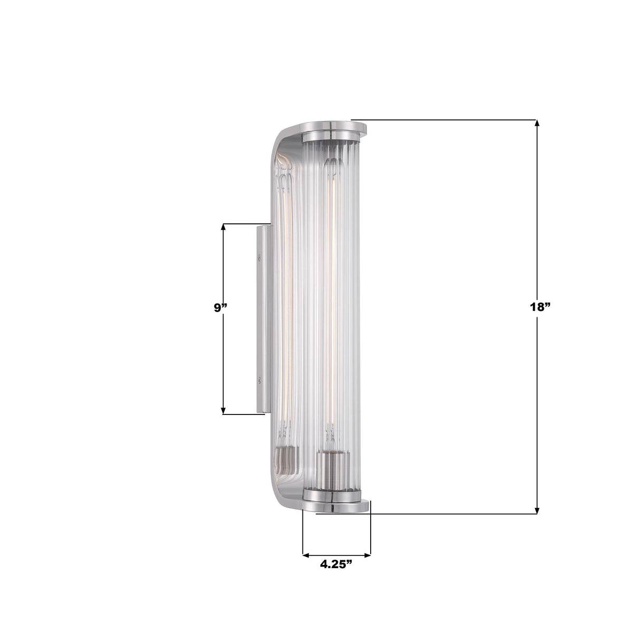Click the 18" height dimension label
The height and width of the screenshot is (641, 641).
(540, 307)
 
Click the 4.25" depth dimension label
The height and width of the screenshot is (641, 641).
(336, 564)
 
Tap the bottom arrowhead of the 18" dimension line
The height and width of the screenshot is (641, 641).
(538, 510)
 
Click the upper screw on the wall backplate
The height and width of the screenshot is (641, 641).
(260, 258)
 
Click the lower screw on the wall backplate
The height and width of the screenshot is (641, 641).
(260, 379)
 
